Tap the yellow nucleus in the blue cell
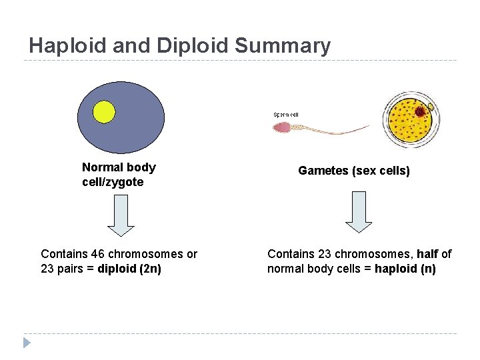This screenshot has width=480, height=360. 104,111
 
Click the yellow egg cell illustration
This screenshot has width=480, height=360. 409,119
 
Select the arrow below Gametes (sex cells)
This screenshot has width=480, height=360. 359,212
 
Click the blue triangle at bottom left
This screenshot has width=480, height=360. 27,343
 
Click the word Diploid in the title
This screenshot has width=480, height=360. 195,45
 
